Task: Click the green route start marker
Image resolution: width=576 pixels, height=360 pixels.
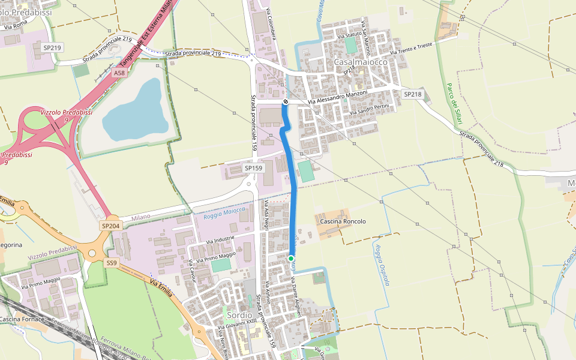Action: pos(291,259)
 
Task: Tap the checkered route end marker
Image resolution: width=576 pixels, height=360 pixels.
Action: pos(286,102)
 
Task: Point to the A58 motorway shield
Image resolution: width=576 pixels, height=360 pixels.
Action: pos(119,73)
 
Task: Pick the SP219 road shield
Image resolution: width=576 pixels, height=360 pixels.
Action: pos(52,47)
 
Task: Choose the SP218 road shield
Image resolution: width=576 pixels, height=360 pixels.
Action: pos(413,94)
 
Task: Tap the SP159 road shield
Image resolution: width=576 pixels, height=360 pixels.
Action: pos(254,169)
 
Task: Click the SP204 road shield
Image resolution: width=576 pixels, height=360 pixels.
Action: pos(110,225)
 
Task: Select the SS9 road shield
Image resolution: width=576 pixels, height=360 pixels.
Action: pos(112,263)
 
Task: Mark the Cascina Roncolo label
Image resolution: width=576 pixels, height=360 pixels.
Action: pos(343,221)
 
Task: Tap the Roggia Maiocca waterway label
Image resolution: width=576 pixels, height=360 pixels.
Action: pos(224,211)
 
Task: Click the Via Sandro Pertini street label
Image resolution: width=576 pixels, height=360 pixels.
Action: pos(370,109)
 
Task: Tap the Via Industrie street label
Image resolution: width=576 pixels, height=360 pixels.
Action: pos(220,240)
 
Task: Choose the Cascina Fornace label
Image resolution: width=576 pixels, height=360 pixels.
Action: pos(22,319)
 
